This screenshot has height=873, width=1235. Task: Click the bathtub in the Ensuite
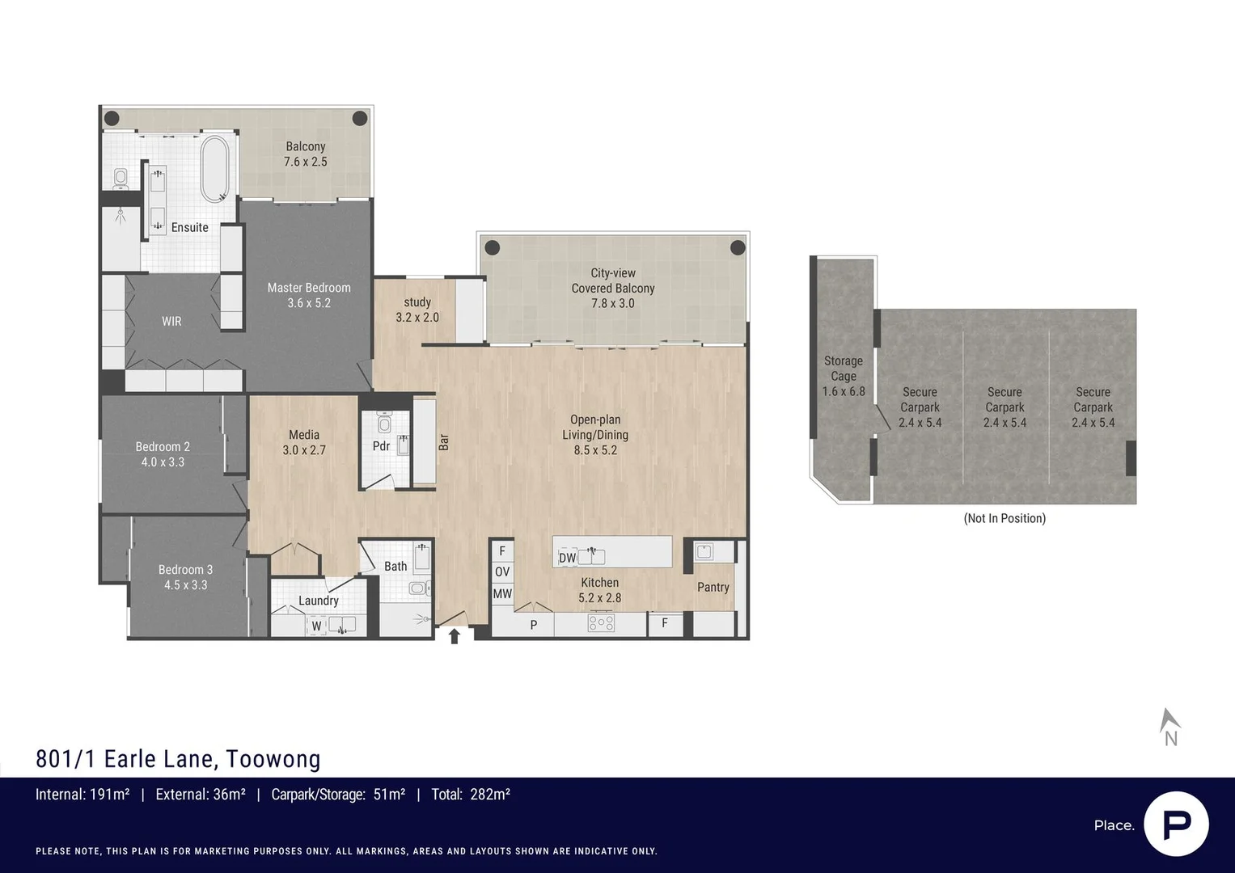214,168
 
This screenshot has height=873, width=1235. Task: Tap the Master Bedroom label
309,288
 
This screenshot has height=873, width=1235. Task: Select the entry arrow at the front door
455,636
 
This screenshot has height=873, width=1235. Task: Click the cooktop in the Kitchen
601,623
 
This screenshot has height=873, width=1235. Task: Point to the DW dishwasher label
567,558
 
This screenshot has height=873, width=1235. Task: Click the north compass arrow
1169,721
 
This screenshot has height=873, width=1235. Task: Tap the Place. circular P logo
1176,824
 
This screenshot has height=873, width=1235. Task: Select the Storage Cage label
843,369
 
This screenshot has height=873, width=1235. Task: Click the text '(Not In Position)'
1004,518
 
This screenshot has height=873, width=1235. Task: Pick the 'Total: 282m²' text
471,795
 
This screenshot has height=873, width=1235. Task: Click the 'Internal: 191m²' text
82,795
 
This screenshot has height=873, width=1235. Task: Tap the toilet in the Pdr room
384,424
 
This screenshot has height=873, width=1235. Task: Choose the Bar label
443,442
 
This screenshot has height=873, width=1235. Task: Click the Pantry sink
704,552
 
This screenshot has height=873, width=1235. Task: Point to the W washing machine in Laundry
316,626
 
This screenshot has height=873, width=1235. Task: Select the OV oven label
502,572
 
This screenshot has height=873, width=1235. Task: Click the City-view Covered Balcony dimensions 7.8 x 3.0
612,303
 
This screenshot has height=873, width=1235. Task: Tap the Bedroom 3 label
185,570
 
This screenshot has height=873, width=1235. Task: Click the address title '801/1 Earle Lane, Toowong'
178,759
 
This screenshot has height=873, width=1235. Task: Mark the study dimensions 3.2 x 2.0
417,318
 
